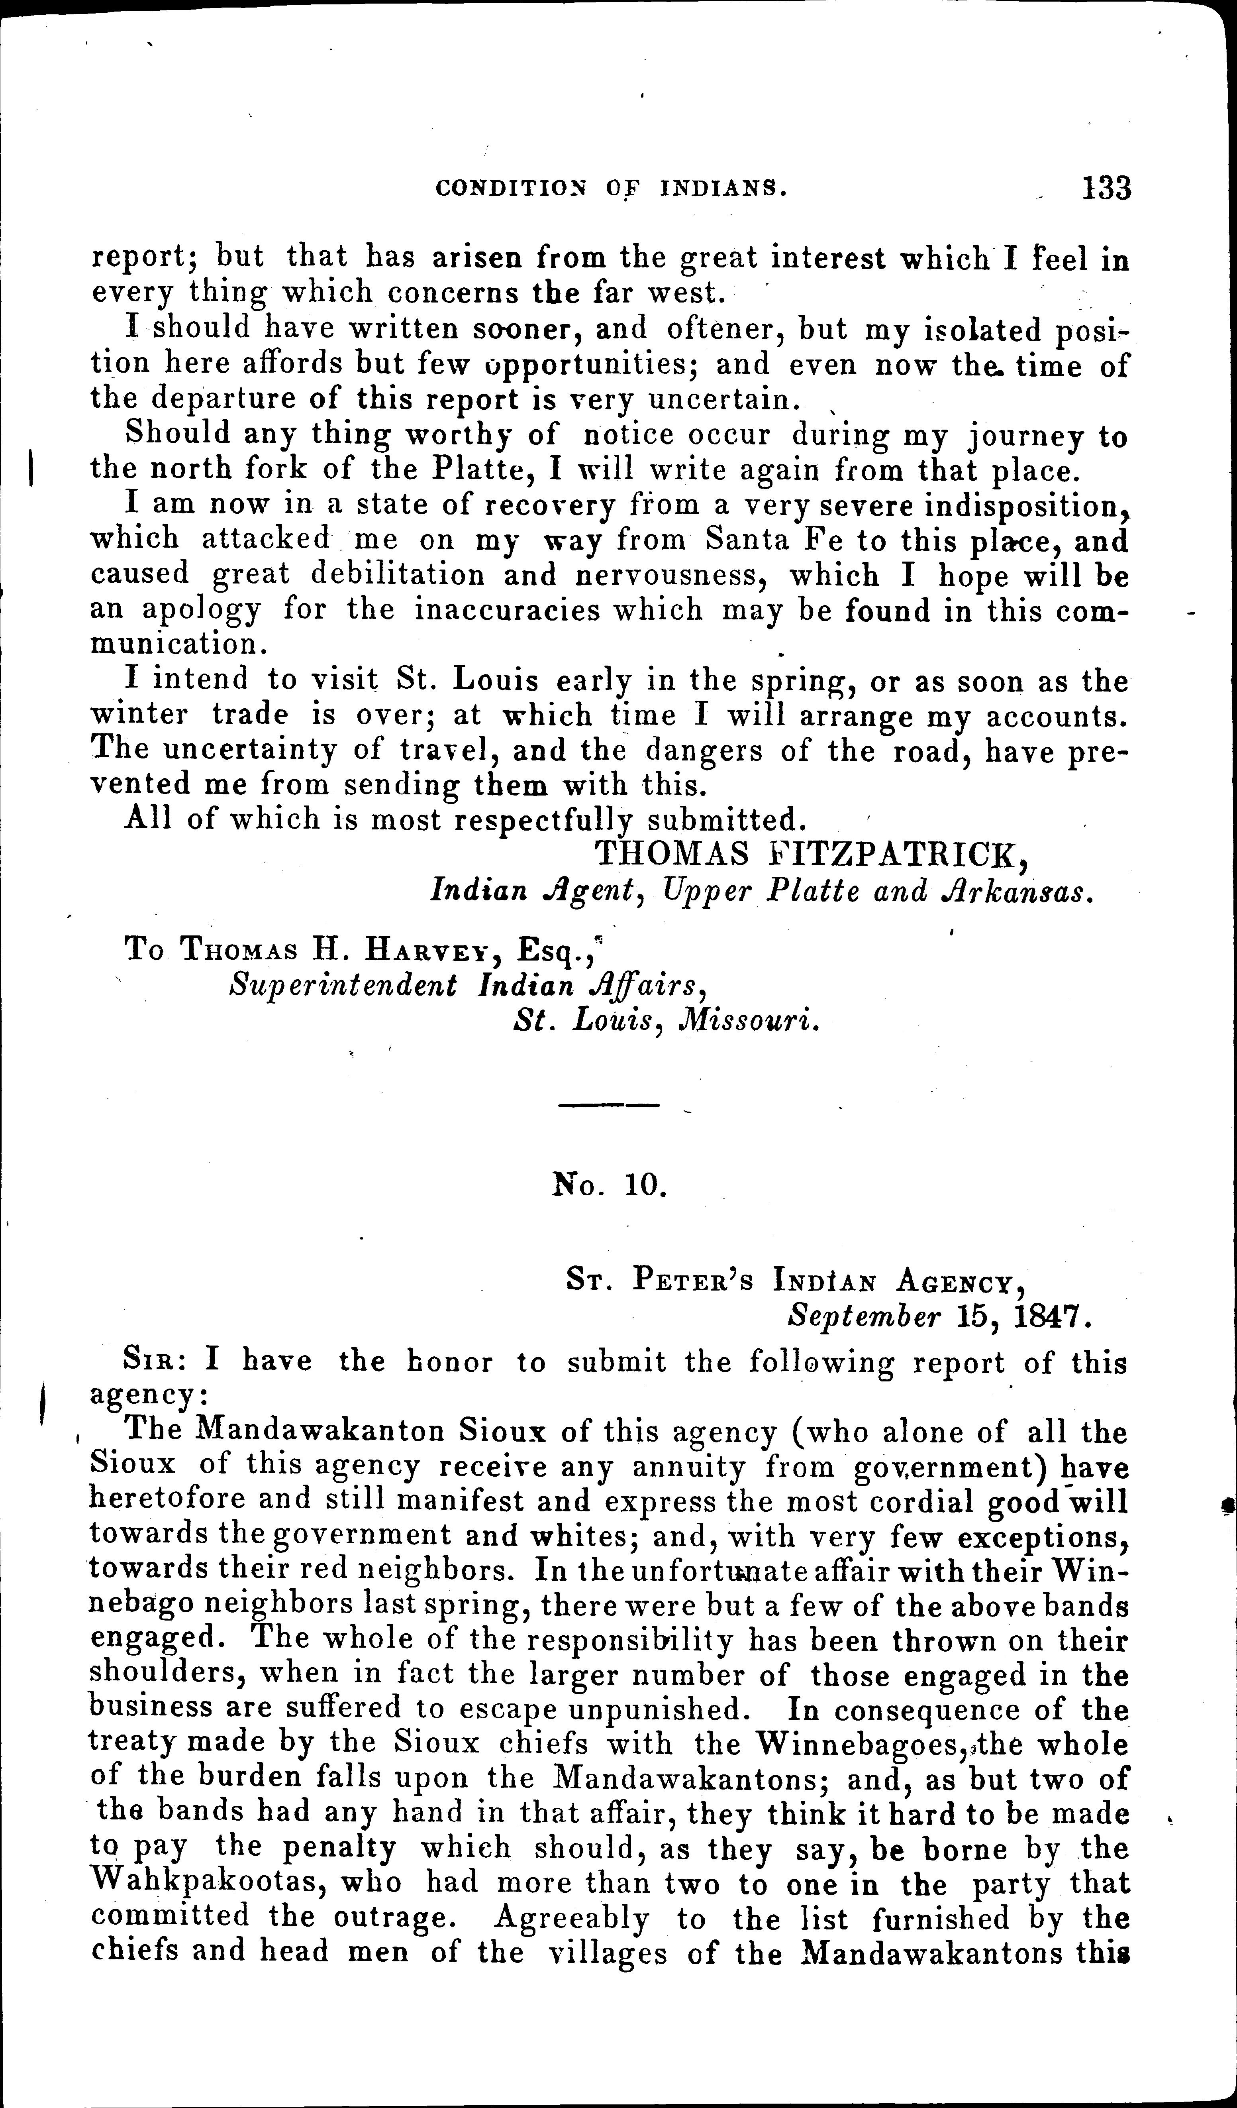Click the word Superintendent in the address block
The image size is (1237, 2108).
click(343, 985)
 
